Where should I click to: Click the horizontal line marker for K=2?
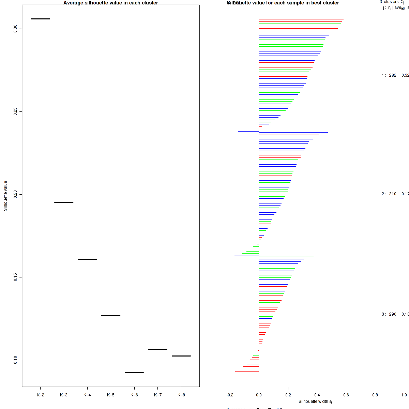pyautogui.click(x=40, y=19)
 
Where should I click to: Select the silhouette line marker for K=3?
pyautogui.click(x=64, y=202)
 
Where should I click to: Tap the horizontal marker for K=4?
pyautogui.click(x=87, y=259)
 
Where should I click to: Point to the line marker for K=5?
pyautogui.click(x=111, y=315)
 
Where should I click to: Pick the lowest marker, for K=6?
pyautogui.click(x=134, y=373)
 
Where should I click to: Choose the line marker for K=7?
pyautogui.click(x=158, y=349)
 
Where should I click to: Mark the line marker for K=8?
pyautogui.click(x=181, y=356)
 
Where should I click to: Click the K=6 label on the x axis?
pyautogui.click(x=134, y=395)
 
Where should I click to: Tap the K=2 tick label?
pyautogui.click(x=40, y=395)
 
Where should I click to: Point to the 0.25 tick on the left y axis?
pyautogui.click(x=15, y=111)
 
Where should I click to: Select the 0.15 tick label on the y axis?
pyautogui.click(x=15, y=277)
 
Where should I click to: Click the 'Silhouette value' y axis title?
pyautogui.click(x=5, y=196)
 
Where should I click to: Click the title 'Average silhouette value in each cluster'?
pyautogui.click(x=111, y=3)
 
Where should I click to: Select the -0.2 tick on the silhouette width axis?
pyautogui.click(x=230, y=395)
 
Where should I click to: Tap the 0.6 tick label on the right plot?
pyautogui.click(x=346, y=395)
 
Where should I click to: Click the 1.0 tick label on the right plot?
pyautogui.click(x=404, y=395)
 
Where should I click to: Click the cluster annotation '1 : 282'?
pyautogui.click(x=389, y=75)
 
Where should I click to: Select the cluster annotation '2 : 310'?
pyautogui.click(x=389, y=194)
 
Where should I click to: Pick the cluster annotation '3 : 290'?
pyautogui.click(x=389, y=314)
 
